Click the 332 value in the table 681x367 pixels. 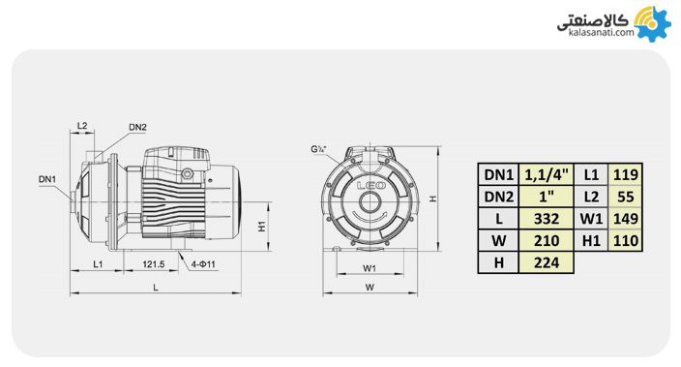pos(546,219)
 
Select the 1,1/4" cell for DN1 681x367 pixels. pos(546,175)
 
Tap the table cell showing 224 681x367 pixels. pos(546,262)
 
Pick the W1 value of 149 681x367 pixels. pos(626,219)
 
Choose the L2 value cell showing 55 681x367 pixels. pos(626,197)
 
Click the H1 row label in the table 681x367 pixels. pos(591,240)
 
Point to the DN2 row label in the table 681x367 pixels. pos(498,197)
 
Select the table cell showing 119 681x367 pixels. pos(626,175)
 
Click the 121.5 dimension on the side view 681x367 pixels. pos(153,264)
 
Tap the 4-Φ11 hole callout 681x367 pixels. pos(203,264)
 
